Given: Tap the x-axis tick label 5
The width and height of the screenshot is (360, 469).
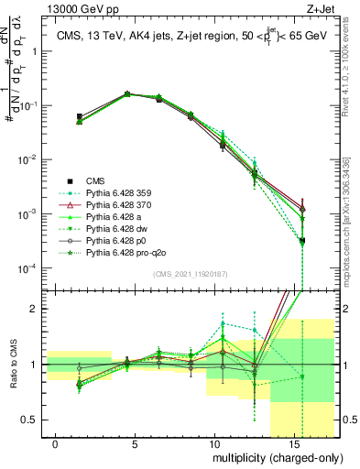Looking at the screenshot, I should point(135,443).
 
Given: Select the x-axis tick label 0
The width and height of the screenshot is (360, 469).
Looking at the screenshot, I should point(56,443).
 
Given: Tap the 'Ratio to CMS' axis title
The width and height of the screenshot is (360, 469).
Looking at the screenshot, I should point(12,376).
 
